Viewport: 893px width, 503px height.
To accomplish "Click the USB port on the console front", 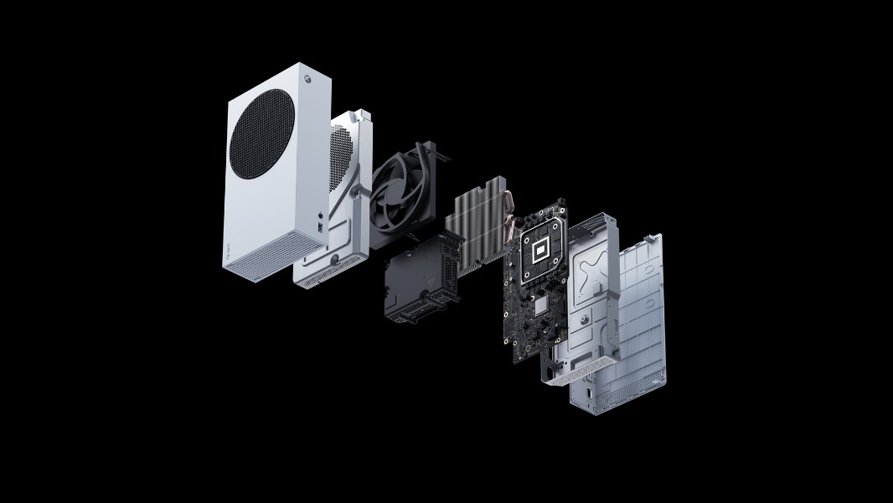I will click(321, 226).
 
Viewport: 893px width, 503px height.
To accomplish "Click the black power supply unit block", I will click(419, 281).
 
